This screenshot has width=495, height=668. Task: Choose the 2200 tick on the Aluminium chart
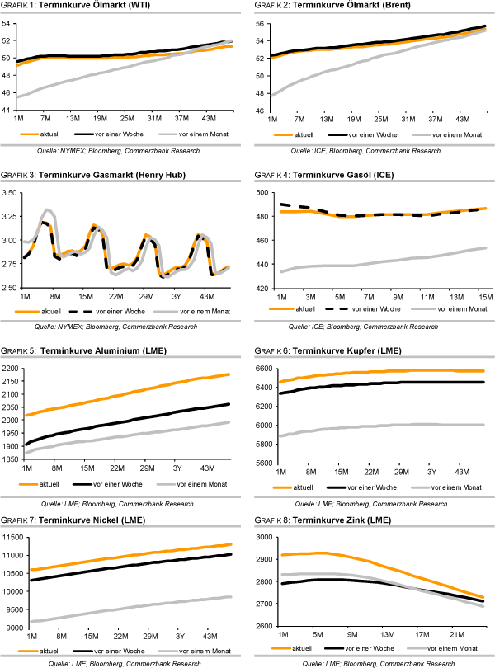click(12, 368)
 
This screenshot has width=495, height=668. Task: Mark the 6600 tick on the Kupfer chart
click(261, 368)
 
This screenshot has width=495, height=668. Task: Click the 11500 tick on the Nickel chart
click(14, 537)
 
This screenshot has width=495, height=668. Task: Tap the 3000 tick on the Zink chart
click(261, 537)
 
